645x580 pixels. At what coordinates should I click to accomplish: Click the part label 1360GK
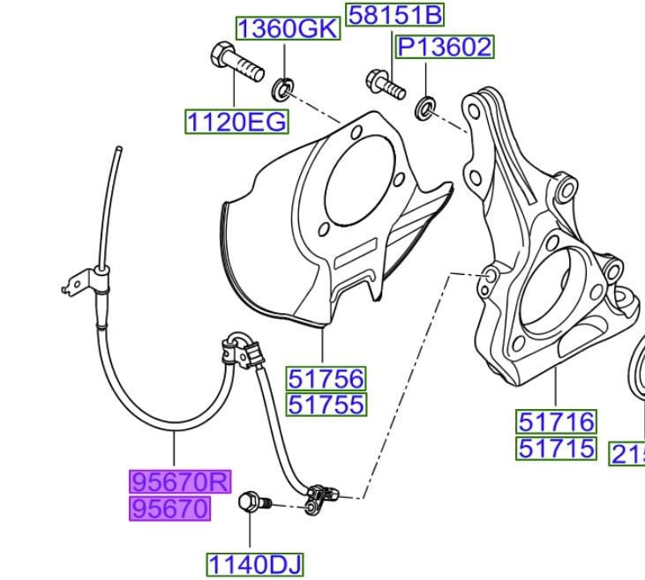pos(288,28)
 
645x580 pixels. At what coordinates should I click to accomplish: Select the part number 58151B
pos(395,15)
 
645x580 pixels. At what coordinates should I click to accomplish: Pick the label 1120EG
pos(236,121)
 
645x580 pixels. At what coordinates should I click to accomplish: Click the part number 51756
pos(325,379)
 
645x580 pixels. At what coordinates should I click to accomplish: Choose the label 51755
pos(325,405)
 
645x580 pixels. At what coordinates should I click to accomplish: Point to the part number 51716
pos(556,421)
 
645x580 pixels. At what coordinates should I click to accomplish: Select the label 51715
pos(556,448)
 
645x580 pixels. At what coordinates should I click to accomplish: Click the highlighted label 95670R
pos(180,482)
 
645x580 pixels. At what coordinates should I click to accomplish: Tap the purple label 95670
pos(170,509)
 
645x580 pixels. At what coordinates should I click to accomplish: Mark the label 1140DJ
pos(247,563)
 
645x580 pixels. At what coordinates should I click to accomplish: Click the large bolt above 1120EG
pos(234,63)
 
